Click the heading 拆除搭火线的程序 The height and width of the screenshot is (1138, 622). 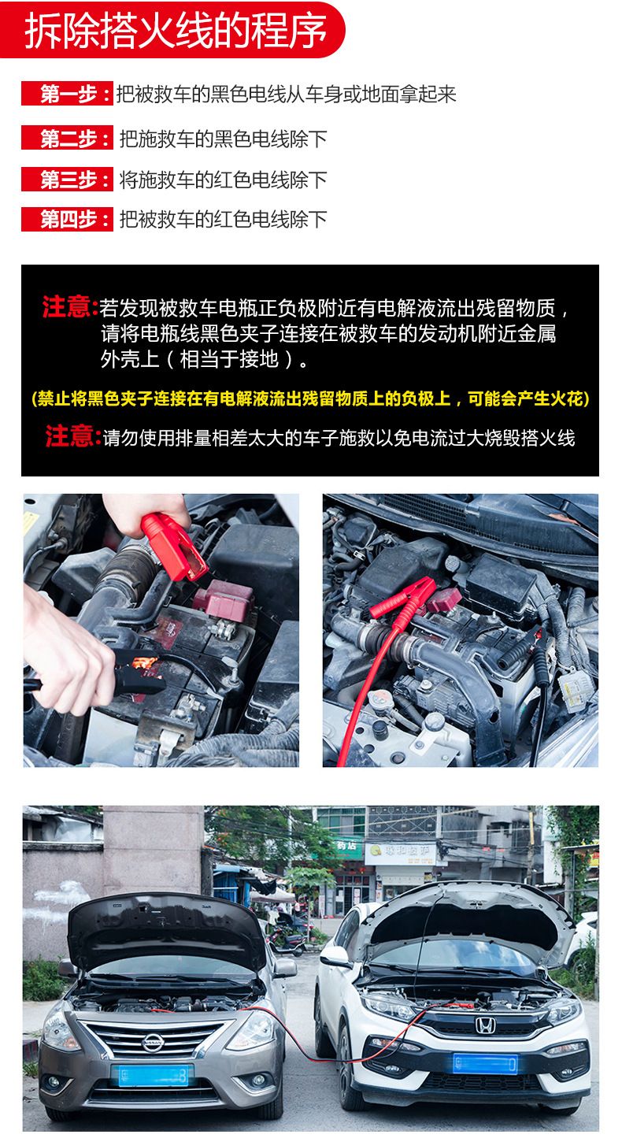tap(176, 31)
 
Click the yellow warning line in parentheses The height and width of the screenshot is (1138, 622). tap(310, 398)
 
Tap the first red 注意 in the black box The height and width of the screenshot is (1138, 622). tap(69, 307)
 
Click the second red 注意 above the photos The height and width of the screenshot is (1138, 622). tap(72, 436)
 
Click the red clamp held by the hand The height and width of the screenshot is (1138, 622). tap(172, 545)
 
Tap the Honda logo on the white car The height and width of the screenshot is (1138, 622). tap(485, 1025)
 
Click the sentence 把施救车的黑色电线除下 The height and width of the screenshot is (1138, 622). tap(223, 139)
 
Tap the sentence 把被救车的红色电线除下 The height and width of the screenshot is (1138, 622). tap(223, 220)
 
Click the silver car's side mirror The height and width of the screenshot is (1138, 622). tap(285, 967)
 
